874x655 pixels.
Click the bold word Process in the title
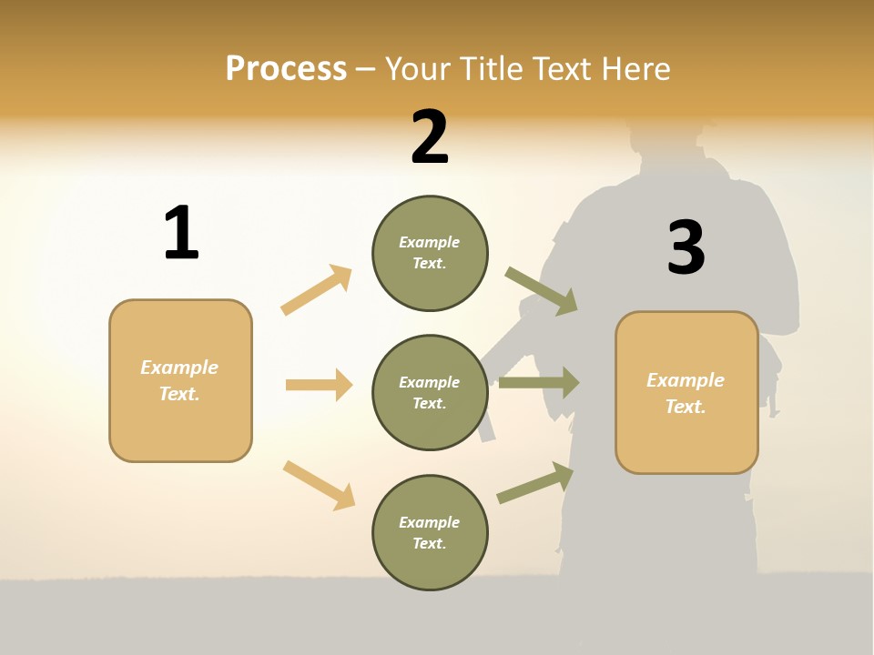tap(286, 69)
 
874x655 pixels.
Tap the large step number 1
tap(181, 233)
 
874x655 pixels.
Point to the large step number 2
tap(430, 137)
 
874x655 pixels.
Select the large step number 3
tap(686, 248)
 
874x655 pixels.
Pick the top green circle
tap(430, 253)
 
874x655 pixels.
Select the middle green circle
tap(430, 392)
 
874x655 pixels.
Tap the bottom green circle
tap(430, 532)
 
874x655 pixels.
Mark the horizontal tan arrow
tap(319, 385)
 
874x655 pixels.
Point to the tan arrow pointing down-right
tap(320, 485)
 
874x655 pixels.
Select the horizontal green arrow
tap(539, 383)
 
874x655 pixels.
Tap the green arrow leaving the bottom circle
tap(535, 482)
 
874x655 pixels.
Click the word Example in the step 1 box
tap(179, 368)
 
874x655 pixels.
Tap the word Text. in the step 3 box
tap(686, 407)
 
